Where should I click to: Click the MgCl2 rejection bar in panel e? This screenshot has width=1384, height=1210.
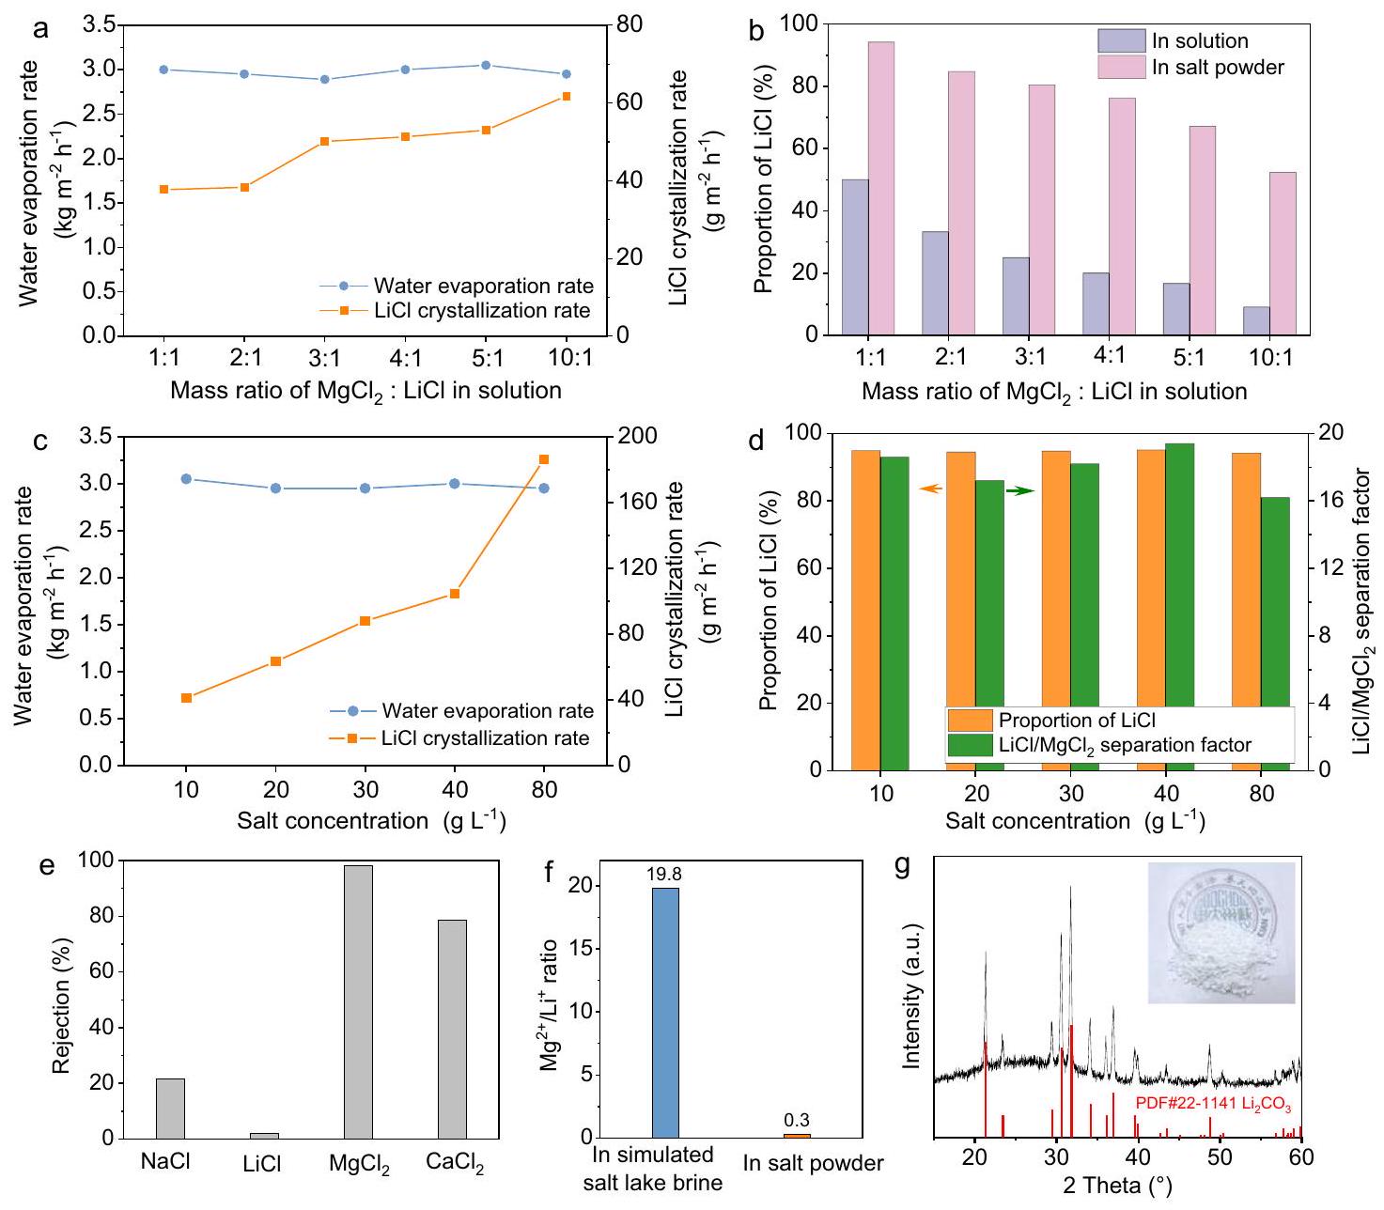coord(358,1001)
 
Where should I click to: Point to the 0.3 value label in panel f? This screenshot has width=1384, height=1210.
coord(796,1121)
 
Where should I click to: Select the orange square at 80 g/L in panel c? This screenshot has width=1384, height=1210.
coord(544,459)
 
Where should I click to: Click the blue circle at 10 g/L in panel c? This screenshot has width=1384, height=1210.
coord(186,479)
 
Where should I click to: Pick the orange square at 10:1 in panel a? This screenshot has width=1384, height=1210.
coord(566,96)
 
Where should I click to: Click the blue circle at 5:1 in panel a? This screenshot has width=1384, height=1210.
coord(486,65)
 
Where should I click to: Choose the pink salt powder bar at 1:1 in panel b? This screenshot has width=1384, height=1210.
coord(880,188)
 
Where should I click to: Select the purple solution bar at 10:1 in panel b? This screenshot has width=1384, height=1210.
coord(1256,320)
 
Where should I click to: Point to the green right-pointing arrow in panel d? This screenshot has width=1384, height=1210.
coord(1020,490)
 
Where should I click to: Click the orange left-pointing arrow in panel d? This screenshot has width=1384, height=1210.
coord(930,489)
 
